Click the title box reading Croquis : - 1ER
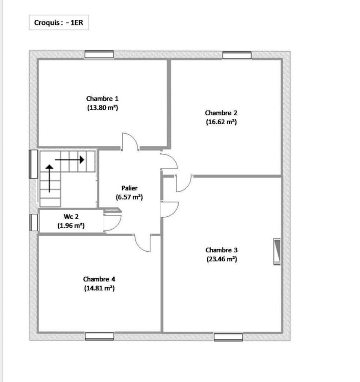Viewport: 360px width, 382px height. tap(59, 23)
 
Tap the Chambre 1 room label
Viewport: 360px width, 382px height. tap(102, 98)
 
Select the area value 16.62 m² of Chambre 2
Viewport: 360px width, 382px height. tap(221, 122)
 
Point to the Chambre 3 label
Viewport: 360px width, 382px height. tap(221, 250)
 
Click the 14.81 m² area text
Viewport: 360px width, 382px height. tap(99, 288)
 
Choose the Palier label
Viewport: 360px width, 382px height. tap(129, 188)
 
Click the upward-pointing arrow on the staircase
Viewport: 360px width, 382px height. tap(49, 178)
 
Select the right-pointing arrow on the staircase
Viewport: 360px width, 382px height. tap(70, 159)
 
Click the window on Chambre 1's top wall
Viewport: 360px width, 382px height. tap(99, 55)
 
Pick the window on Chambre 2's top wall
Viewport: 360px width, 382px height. tap(237, 55)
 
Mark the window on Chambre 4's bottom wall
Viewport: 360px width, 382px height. tap(99, 336)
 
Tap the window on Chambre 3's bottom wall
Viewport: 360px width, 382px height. tap(228, 337)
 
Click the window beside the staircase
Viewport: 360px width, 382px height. tap(33, 164)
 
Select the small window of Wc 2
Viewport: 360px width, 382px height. tap(33, 222)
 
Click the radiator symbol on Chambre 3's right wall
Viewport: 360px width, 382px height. tap(277, 252)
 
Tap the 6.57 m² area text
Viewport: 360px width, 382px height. tap(129, 197)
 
